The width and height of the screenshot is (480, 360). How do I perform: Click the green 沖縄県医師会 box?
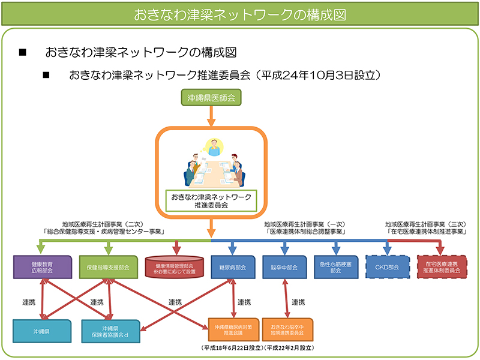coord(211,97)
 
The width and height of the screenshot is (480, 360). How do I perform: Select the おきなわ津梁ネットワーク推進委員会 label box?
coord(211,200)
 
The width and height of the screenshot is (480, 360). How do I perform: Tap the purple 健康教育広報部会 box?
coord(40,267)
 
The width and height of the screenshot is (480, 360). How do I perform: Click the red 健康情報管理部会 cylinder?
coord(176,267)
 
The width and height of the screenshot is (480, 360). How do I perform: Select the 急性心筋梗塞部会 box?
coord(336,267)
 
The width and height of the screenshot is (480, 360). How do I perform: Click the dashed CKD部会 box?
coord(388,267)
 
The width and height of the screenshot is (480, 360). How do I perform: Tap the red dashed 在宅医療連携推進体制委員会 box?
coord(442,267)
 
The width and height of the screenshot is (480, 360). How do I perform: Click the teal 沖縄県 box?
coord(42,331)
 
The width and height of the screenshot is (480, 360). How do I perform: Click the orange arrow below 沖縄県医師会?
coord(211,116)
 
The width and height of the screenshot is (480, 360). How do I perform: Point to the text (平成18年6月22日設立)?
coord(230,348)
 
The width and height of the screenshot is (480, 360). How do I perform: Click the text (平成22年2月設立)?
coord(289,348)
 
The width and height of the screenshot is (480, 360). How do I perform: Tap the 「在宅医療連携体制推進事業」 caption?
coord(427,231)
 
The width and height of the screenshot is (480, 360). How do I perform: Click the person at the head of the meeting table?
coord(211,146)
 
